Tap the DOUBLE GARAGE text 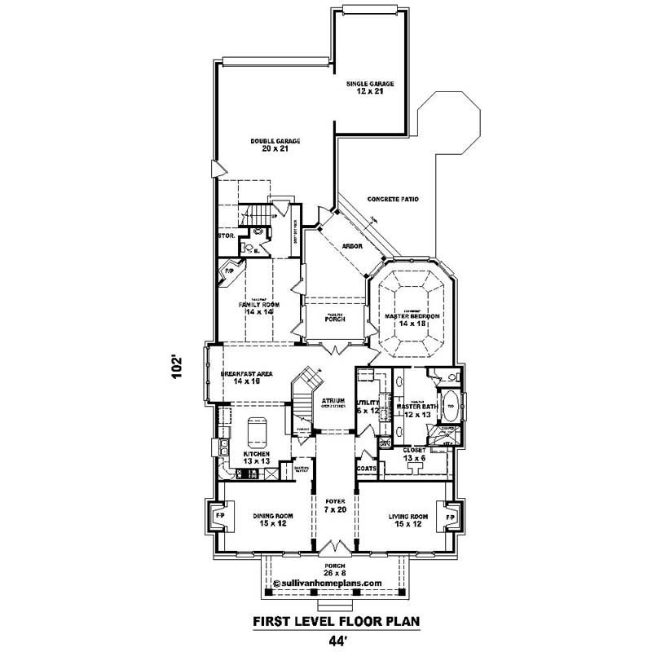click(275, 141)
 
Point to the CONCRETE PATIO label click(393, 198)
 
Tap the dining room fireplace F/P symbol click(218, 517)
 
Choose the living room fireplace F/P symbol click(447, 517)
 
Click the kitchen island click(257, 430)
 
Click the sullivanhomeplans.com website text click(328, 584)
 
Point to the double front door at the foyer click(332, 546)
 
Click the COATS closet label click(366, 469)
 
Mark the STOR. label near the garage click(226, 236)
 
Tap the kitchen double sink click(221, 446)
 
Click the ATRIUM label click(333, 401)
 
